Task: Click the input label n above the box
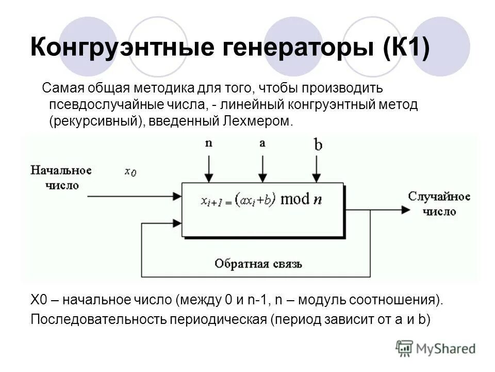point(208,143)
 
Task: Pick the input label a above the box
point(262,143)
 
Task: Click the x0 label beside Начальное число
point(130,172)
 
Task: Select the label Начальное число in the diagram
point(61,178)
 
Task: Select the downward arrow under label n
point(208,168)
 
